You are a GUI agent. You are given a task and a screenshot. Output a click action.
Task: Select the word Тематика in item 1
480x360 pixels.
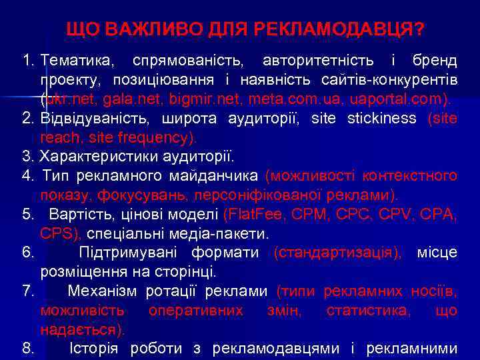pos(77,61)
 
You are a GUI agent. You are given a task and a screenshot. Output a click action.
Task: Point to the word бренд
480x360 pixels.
pos(435,61)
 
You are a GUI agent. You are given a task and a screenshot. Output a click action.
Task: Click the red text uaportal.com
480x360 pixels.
pos(407,100)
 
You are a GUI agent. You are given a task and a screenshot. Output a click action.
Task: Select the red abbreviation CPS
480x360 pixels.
pos(60,234)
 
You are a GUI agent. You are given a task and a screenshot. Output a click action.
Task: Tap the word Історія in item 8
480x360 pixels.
pos(95,349)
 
